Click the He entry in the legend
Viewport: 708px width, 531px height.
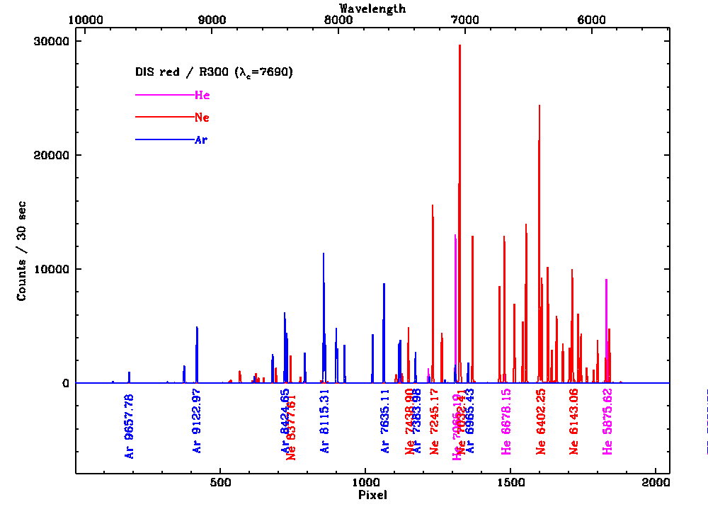[202, 95]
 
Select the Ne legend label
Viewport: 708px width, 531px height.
[202, 118]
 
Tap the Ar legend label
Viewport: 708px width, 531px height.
[201, 140]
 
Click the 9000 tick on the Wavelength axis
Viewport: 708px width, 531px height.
[212, 20]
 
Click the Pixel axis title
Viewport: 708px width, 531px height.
[372, 496]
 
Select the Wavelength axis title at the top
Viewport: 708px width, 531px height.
[372, 8]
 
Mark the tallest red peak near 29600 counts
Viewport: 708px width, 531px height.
[459, 46]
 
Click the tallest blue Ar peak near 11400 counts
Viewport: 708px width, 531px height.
[324, 254]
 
